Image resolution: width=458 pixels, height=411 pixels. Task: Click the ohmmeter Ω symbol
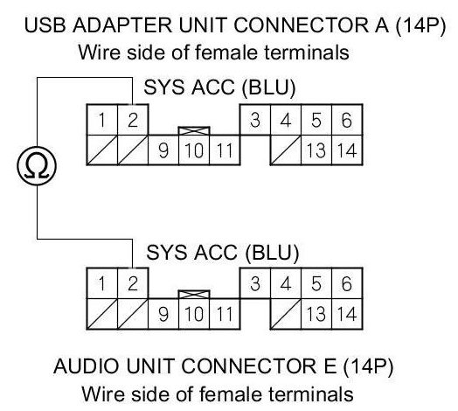click(x=37, y=166)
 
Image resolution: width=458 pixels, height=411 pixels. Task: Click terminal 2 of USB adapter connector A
click(x=133, y=120)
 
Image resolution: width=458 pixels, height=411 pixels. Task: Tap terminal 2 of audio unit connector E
click(x=133, y=283)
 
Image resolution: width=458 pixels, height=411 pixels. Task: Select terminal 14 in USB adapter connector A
click(x=347, y=150)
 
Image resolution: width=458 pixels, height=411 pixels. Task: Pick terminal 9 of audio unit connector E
click(x=163, y=314)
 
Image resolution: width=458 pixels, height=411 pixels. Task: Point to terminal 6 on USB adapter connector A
click(x=347, y=120)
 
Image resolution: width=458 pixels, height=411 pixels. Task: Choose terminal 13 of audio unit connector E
click(x=316, y=314)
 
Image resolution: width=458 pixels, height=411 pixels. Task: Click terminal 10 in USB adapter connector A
click(x=194, y=150)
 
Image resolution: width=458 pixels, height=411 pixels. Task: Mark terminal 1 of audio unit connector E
click(x=102, y=283)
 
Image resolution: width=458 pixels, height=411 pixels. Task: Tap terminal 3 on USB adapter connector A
click(x=255, y=120)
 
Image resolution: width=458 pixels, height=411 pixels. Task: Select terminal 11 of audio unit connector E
click(x=225, y=314)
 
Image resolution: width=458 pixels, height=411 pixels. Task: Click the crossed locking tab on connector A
click(x=194, y=130)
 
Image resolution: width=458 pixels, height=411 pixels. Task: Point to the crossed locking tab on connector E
click(x=194, y=295)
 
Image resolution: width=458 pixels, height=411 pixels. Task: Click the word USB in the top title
click(x=45, y=25)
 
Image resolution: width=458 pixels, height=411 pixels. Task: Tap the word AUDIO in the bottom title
click(x=87, y=366)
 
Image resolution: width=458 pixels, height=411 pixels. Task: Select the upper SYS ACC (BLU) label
click(x=219, y=87)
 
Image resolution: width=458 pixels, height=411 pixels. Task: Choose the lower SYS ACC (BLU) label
click(x=223, y=252)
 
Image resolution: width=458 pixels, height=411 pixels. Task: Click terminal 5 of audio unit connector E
click(x=316, y=283)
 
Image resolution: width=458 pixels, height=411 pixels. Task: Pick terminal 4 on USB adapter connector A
click(x=286, y=120)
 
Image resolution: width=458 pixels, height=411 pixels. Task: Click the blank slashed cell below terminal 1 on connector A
click(x=102, y=150)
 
